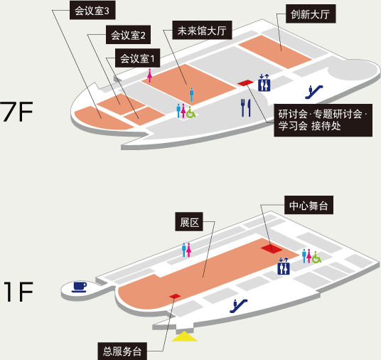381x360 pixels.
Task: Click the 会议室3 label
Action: point(92,10)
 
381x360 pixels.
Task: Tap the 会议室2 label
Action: point(128,35)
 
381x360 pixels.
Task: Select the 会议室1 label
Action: point(137,58)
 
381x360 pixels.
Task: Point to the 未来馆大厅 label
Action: point(202,30)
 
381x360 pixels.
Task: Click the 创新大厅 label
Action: point(311,14)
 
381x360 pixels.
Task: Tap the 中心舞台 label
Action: point(308,205)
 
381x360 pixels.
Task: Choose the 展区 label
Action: point(189,221)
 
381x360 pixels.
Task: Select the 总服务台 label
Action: point(122,351)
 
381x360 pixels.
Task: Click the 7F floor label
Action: point(16,112)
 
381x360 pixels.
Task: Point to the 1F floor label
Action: point(19,292)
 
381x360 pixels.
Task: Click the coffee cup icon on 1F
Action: point(80,287)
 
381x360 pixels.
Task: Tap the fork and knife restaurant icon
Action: point(246,107)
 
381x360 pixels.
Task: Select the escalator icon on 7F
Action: point(314,92)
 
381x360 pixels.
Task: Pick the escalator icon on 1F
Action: point(239,306)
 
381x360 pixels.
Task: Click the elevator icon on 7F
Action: point(264,83)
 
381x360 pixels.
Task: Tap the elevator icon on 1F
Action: point(284,266)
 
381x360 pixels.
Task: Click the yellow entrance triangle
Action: point(185,337)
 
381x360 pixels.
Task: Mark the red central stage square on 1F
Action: point(272,248)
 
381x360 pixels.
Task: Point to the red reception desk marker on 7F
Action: point(245,83)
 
